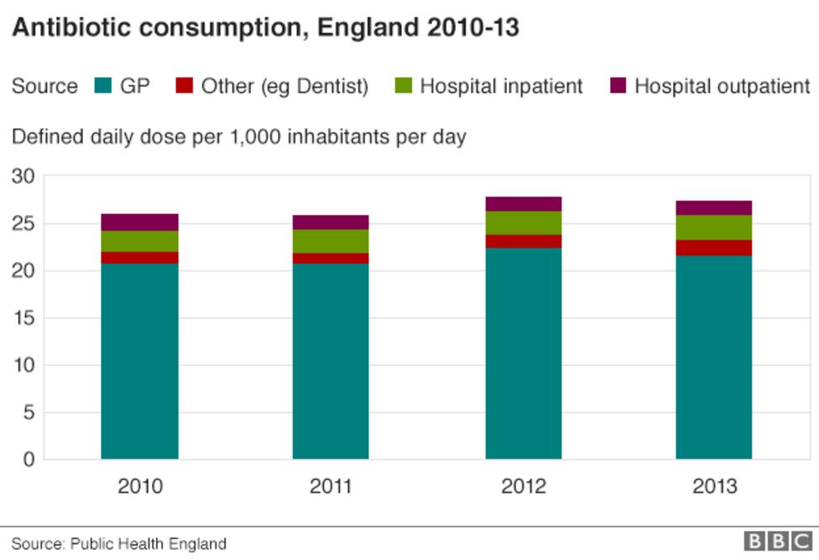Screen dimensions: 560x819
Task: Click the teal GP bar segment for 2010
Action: (x=139, y=361)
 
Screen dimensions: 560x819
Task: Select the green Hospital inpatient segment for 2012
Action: (x=523, y=222)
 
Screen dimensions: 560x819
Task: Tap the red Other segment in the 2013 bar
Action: (x=714, y=248)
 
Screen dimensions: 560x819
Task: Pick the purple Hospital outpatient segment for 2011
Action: (x=331, y=222)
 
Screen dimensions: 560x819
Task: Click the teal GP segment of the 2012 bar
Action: (x=523, y=353)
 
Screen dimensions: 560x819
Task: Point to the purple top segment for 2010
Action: (x=139, y=222)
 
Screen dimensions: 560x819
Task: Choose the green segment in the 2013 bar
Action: (x=714, y=228)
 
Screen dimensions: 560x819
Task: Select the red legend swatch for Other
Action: (x=184, y=86)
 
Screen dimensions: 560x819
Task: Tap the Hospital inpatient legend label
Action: (x=501, y=86)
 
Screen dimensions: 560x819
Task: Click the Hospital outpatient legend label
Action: (x=722, y=86)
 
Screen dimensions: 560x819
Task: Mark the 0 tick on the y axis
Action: (x=27, y=459)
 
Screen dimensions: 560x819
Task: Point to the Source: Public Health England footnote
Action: (x=118, y=543)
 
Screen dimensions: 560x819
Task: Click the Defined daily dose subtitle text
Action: (x=238, y=136)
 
